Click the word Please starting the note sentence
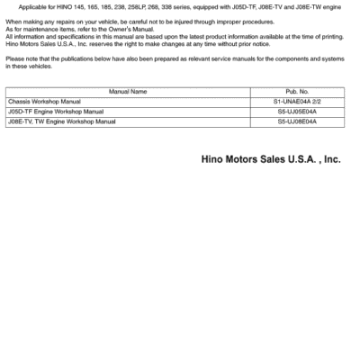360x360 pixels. coord(14,58)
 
